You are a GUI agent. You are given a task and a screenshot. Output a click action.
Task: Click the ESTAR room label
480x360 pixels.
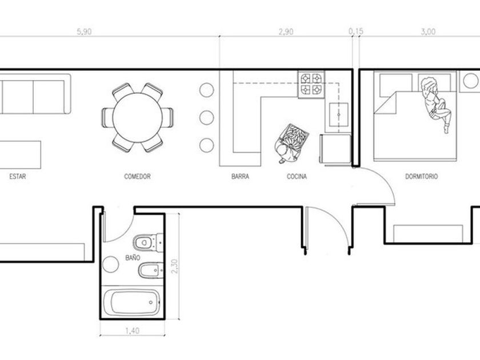[18, 177]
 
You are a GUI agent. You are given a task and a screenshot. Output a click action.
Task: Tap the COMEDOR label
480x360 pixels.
[138, 177]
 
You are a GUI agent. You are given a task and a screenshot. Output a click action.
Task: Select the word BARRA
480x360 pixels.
[241, 177]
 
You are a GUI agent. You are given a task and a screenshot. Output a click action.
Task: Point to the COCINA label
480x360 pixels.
[297, 177]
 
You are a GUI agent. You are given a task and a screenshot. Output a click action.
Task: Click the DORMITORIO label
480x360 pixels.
[422, 177]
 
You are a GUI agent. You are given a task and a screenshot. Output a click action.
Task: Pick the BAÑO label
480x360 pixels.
[133, 258]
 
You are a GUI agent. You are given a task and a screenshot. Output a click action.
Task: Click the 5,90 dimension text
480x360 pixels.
[84, 31]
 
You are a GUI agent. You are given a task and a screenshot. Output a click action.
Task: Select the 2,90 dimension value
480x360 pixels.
[286, 31]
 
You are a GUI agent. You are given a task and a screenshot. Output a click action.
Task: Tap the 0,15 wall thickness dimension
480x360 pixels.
[355, 31]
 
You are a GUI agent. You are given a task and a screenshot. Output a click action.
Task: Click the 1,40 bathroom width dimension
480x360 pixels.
[132, 331]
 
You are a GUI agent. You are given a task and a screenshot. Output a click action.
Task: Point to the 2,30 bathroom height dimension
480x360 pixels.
[174, 266]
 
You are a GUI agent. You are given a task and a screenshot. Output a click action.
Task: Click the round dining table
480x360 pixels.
[138, 118]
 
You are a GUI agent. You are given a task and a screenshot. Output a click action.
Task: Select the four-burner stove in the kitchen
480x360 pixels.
[311, 85]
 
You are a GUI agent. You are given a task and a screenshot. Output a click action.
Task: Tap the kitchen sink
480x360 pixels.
[338, 115]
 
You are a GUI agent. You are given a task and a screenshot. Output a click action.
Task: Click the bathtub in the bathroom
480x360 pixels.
[131, 302]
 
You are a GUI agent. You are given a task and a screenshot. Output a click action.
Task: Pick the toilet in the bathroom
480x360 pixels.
[148, 242]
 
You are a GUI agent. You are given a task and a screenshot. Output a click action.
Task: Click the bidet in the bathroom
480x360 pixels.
[151, 271]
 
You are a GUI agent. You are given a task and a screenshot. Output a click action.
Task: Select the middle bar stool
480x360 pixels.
[207, 118]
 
